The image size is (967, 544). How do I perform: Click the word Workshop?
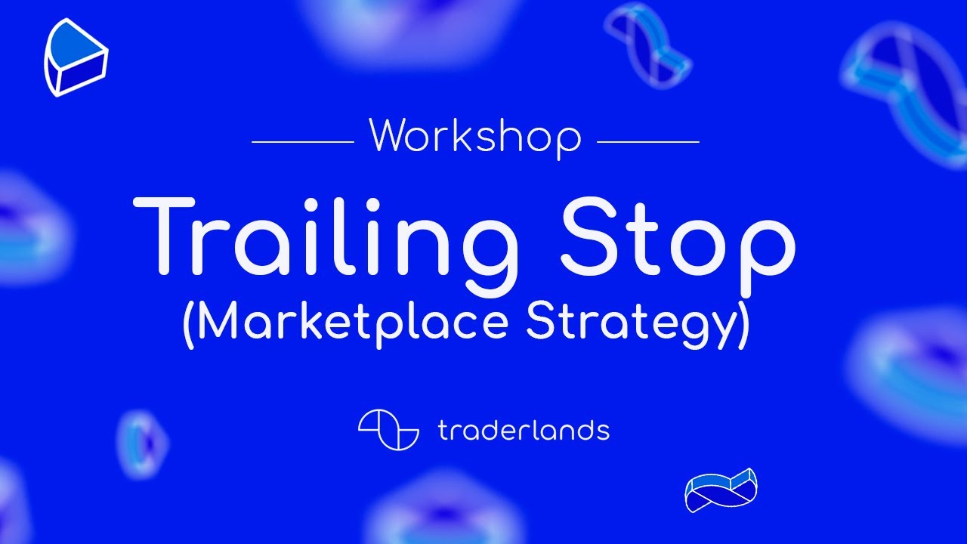click(x=475, y=136)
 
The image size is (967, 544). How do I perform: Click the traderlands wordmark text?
click(x=523, y=431)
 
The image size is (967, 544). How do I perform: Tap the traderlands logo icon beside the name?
click(x=388, y=430)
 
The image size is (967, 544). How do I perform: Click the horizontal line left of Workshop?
click(x=302, y=141)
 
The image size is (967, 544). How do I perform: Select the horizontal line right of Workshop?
click(x=648, y=141)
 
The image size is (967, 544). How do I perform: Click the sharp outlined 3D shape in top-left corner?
click(x=76, y=57)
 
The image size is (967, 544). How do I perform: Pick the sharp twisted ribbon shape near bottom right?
click(x=721, y=490)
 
